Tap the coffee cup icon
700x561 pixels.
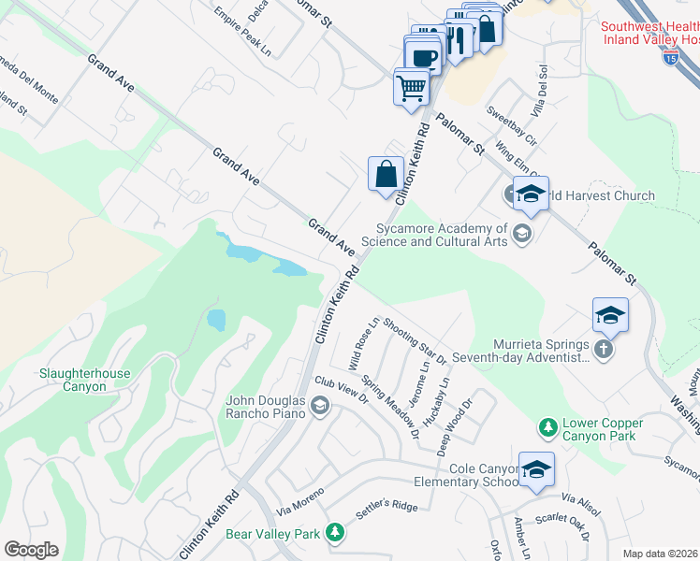pos(423,56)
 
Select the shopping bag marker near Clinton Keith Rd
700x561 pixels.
pos(386,174)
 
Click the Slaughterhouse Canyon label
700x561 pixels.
pos(84,379)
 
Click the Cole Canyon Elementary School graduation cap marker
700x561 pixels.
pos(537,471)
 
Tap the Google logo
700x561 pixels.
pos(31,550)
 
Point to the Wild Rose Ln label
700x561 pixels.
pos(363,343)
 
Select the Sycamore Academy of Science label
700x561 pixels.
pos(442,235)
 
